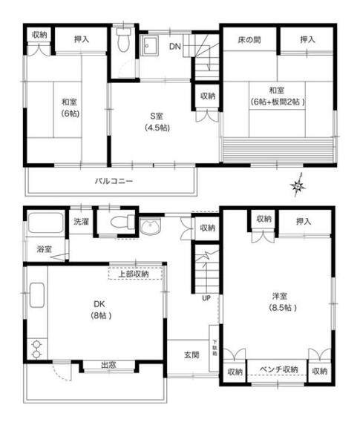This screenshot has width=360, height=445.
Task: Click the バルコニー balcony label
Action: point(114,181)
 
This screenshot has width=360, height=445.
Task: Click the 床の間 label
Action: point(248,39)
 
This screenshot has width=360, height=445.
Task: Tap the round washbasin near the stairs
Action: point(151,227)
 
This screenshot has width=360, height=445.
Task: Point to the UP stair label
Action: point(206,298)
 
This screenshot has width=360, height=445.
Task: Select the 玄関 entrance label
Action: point(192,355)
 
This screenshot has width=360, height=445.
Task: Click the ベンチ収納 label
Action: point(278,369)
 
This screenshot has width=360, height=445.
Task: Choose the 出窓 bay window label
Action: point(108,365)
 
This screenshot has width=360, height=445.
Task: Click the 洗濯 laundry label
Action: point(81,221)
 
